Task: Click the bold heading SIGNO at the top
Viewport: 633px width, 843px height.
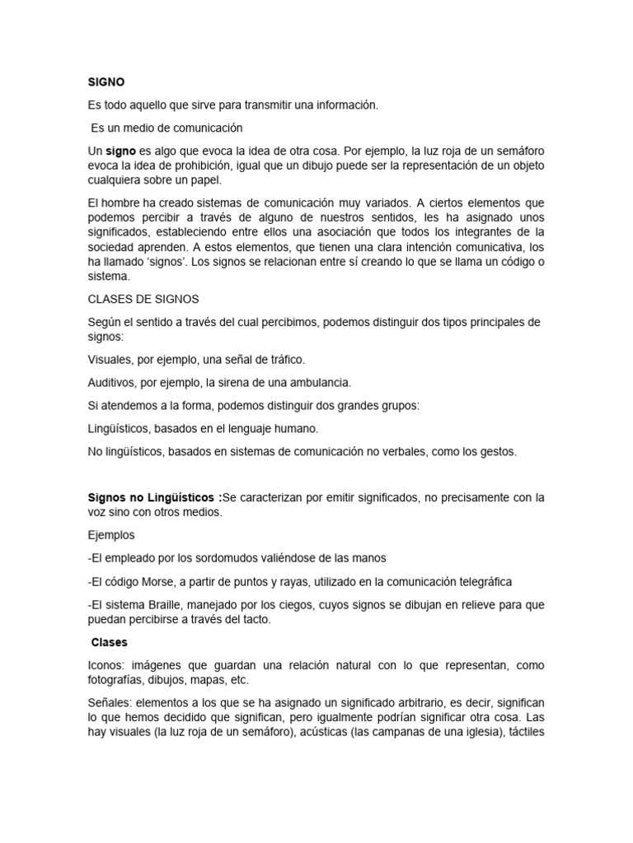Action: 105,82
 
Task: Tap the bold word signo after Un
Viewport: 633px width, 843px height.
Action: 120,151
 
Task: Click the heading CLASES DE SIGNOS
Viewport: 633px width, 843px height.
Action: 143,300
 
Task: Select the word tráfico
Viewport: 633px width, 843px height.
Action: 283,360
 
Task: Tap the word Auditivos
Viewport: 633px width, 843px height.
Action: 114,383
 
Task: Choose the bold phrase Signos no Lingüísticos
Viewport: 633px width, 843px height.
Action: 154,497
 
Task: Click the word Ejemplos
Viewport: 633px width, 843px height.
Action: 111,535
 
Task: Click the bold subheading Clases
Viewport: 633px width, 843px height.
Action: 110,642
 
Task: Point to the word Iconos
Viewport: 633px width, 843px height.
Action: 105,665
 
